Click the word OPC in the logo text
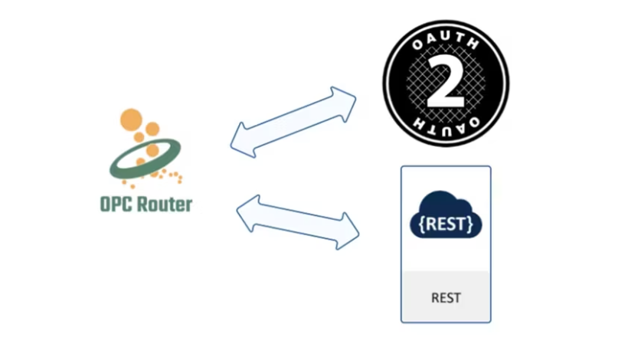117,205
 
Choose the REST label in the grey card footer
446,297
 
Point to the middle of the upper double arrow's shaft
293,123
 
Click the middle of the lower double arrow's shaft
298,221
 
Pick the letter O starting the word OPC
106,205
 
